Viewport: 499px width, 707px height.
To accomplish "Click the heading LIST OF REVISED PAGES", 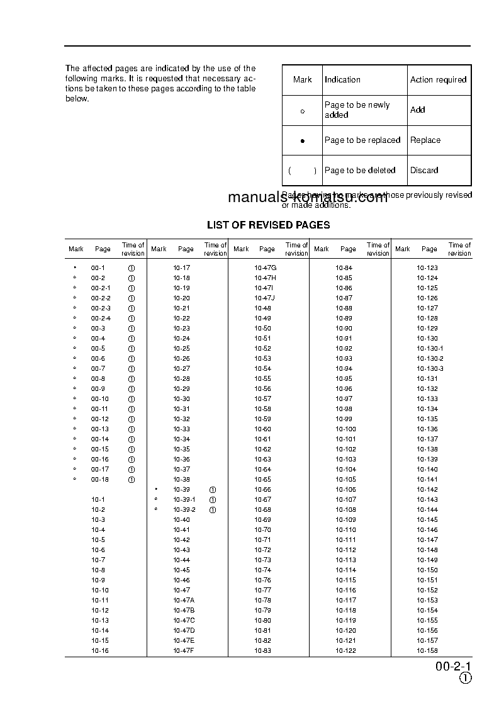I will pos(268,225).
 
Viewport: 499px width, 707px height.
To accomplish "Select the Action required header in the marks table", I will pos(438,80).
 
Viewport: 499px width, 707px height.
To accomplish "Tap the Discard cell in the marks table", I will pos(424,170).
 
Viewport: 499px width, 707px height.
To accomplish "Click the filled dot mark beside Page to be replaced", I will pos(302,141).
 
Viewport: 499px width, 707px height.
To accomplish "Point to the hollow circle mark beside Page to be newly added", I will pos(302,111).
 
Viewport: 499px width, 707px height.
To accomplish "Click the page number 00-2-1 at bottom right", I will pos(453,667).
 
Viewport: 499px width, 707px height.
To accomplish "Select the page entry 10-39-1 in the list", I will pos(184,499).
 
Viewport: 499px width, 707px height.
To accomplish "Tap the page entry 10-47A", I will pos(184,600).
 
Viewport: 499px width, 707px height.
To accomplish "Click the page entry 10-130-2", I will pos(430,358).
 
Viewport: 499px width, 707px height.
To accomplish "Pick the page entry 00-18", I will pos(99,479).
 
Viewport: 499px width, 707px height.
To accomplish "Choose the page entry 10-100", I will pos(345,429).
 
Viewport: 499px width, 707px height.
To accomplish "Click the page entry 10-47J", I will pos(265,298).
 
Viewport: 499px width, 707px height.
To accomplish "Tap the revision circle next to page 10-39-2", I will pos(213,509).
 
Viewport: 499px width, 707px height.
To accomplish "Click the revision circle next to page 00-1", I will pos(132,268).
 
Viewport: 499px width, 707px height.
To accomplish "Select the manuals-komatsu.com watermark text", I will pos(308,197).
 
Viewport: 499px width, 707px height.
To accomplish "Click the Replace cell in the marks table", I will pos(425,140).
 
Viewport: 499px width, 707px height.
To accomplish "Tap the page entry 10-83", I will pos(262,650).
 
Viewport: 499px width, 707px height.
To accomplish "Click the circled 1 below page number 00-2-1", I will pos(465,678).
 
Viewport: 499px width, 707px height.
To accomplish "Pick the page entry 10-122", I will pos(345,650).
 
